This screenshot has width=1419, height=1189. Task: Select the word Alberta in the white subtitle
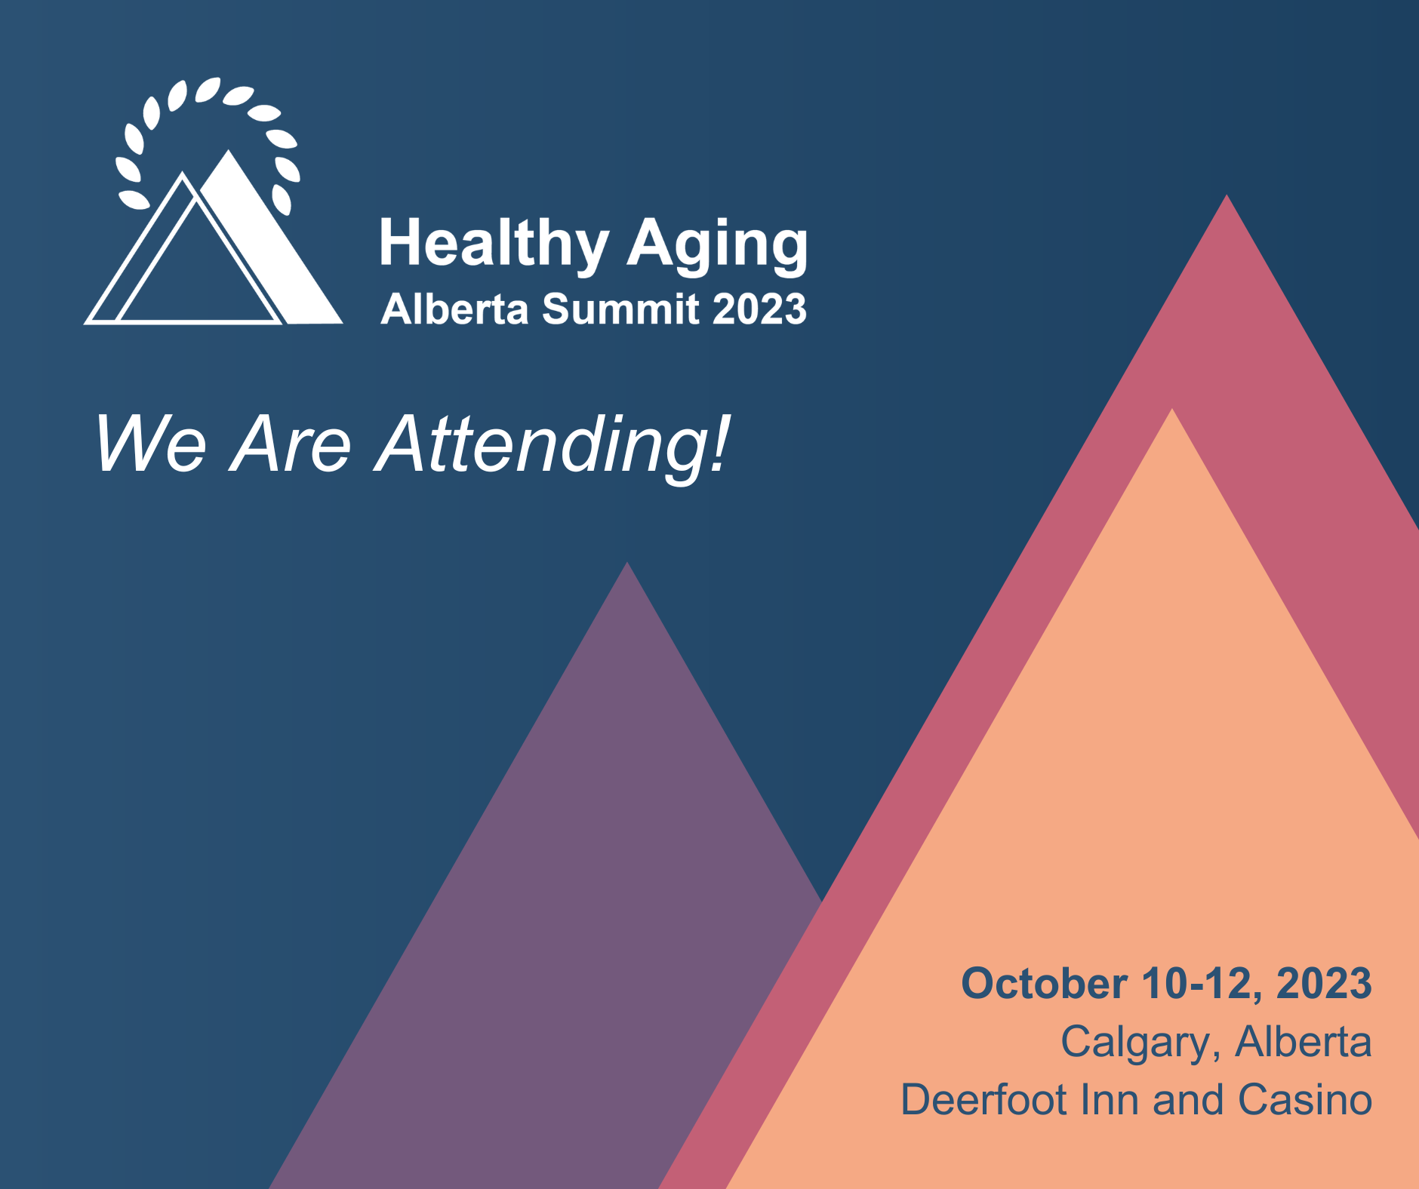(x=454, y=309)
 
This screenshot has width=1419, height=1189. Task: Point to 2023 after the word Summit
(x=759, y=309)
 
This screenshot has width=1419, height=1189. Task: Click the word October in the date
(x=1045, y=984)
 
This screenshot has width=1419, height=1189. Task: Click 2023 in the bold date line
(x=1324, y=984)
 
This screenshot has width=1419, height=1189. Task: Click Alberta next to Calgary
(x=1304, y=1042)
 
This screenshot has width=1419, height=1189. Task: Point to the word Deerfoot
(x=984, y=1100)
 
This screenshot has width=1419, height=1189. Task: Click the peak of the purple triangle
(x=627, y=563)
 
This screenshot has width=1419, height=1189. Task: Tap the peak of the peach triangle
(x=1172, y=410)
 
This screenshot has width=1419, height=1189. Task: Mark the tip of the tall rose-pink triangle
(x=1227, y=195)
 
